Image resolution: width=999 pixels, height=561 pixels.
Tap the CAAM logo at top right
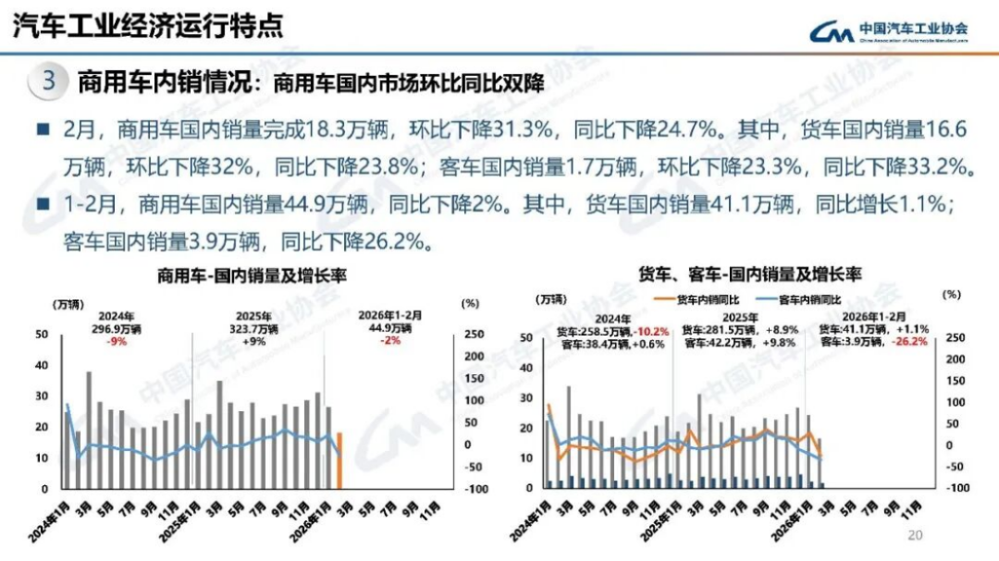tap(888, 31)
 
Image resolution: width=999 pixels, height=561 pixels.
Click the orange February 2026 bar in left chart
tap(339, 460)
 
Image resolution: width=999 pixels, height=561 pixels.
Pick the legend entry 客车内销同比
tap(800, 299)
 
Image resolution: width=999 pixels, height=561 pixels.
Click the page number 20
tap(916, 536)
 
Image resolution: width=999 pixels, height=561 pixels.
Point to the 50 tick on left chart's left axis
tap(42, 335)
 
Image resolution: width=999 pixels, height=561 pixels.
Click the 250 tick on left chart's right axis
tap(471, 335)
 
